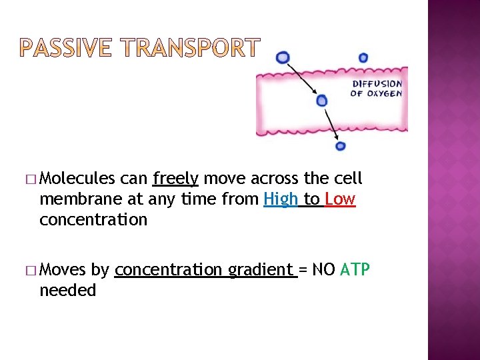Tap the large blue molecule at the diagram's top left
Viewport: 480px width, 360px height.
[x=283, y=58]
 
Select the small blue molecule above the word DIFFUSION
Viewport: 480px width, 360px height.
[x=363, y=58]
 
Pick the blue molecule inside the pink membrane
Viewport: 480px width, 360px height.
[x=322, y=101]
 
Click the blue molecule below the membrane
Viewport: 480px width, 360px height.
[x=340, y=146]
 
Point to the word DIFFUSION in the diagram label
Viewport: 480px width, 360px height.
[x=377, y=84]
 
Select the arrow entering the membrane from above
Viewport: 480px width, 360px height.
[x=303, y=79]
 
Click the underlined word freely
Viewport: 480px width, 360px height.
[x=175, y=179]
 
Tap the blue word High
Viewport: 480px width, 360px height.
[x=281, y=199]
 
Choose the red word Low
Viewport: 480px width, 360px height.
[x=340, y=199]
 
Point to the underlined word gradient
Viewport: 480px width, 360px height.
[x=261, y=270]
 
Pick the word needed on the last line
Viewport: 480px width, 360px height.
[x=68, y=291]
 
